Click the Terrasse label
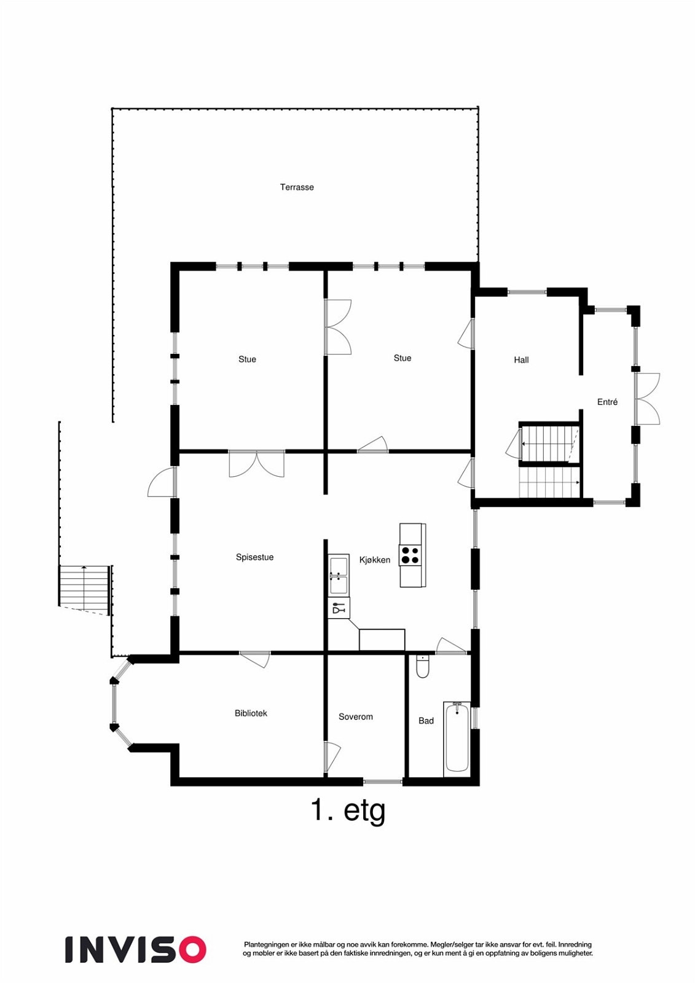pos(297,187)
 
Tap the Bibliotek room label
pos(251,713)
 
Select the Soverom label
pos(355,717)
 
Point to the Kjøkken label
pos(374,560)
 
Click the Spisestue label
pos(254,557)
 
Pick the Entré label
pos(607,402)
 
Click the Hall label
pos(521,360)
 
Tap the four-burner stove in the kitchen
pos(410,555)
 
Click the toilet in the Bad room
pos(423,667)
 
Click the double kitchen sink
pos(338,576)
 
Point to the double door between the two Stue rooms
pos(337,327)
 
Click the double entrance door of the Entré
pos(646,399)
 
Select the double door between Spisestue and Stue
pos(256,463)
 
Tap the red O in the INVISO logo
pos(192,949)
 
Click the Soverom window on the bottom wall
pos(382,782)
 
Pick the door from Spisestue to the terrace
pos(162,482)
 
